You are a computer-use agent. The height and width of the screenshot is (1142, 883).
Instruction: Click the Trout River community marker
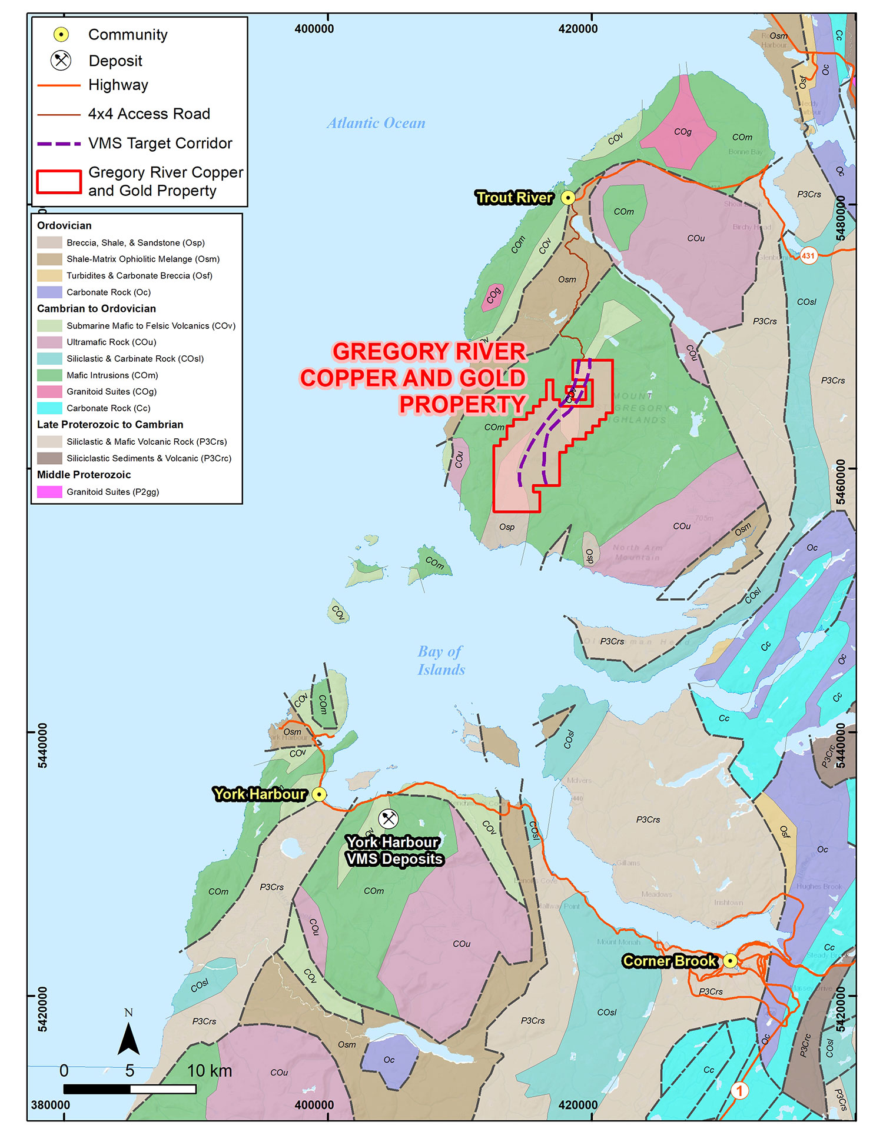click(x=567, y=198)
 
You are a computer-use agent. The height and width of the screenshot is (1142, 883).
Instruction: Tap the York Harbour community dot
click(x=319, y=794)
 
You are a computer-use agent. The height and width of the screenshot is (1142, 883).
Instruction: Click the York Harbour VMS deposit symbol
click(x=388, y=818)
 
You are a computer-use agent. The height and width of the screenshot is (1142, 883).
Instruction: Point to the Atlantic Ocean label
click(x=376, y=123)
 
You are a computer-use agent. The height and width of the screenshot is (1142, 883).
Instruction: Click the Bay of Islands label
click(x=441, y=660)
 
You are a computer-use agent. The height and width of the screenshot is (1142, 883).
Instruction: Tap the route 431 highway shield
click(x=808, y=255)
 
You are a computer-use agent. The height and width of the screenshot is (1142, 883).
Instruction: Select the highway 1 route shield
click(x=739, y=1090)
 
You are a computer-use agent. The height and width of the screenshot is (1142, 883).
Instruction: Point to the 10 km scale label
click(x=210, y=1071)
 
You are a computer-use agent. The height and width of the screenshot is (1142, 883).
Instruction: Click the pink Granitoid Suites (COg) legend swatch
click(x=49, y=391)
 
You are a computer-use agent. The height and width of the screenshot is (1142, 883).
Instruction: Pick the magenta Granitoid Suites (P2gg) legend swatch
click(x=49, y=492)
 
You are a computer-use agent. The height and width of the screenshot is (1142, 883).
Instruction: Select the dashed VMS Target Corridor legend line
click(x=59, y=144)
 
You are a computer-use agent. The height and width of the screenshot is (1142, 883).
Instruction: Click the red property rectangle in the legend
click(x=59, y=182)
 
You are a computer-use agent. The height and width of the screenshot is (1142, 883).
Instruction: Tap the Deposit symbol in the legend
click(x=61, y=61)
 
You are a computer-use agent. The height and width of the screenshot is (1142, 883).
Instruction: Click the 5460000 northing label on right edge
click(x=841, y=482)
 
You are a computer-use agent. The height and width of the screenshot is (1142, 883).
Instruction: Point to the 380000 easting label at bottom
click(x=51, y=1105)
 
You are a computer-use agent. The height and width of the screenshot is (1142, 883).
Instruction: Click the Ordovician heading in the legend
click(x=64, y=225)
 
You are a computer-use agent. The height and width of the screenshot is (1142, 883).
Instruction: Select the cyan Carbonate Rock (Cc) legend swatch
click(x=49, y=408)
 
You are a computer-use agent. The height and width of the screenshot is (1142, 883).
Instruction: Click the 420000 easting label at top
click(x=577, y=29)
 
